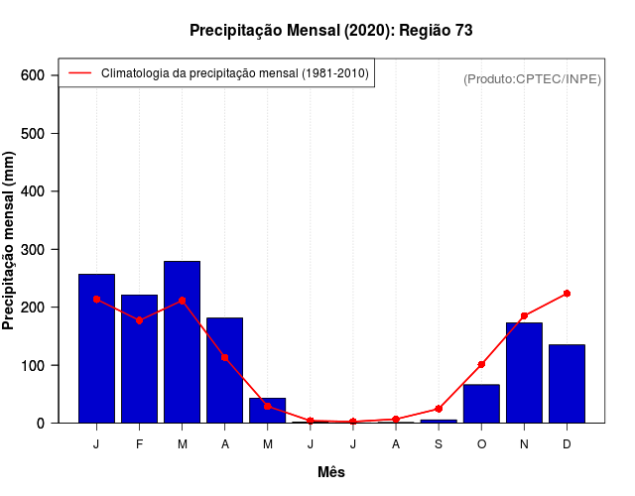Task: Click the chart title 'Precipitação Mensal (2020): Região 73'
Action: click(330, 31)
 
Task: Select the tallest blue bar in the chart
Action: click(182, 341)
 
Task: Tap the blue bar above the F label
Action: click(139, 358)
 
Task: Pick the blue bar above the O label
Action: click(481, 403)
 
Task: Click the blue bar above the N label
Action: click(524, 372)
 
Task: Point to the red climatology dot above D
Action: click(567, 294)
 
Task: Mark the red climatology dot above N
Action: click(524, 316)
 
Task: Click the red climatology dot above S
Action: click(439, 409)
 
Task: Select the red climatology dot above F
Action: click(139, 320)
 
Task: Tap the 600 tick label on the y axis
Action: click(34, 75)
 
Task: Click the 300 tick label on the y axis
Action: click(34, 249)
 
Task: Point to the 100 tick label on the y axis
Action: click(34, 365)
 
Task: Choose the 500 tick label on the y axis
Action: click(34, 133)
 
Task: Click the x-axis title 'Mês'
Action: click(331, 472)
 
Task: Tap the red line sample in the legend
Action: click(79, 73)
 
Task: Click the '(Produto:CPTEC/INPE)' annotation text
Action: click(532, 78)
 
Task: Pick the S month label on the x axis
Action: click(439, 443)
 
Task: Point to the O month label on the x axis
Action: click(481, 443)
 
